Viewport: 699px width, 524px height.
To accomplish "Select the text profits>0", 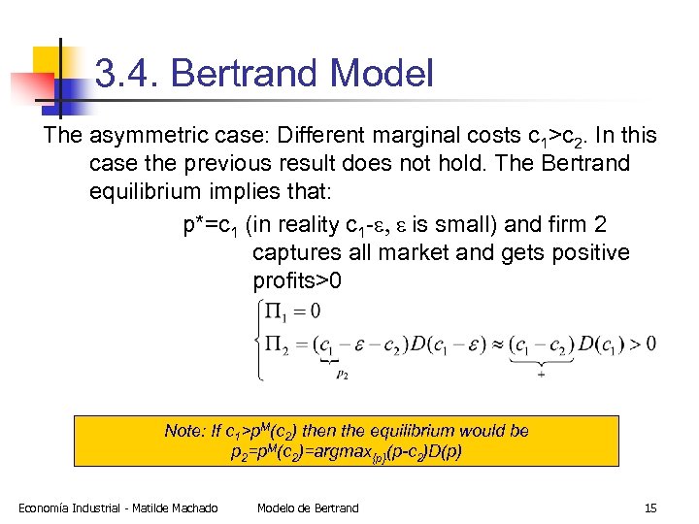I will tap(297, 281).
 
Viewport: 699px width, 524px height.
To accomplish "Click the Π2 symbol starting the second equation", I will tap(279, 344).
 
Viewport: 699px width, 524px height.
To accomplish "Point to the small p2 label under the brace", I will tap(341, 372).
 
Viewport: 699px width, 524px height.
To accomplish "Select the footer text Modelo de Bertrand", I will tap(308, 508).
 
